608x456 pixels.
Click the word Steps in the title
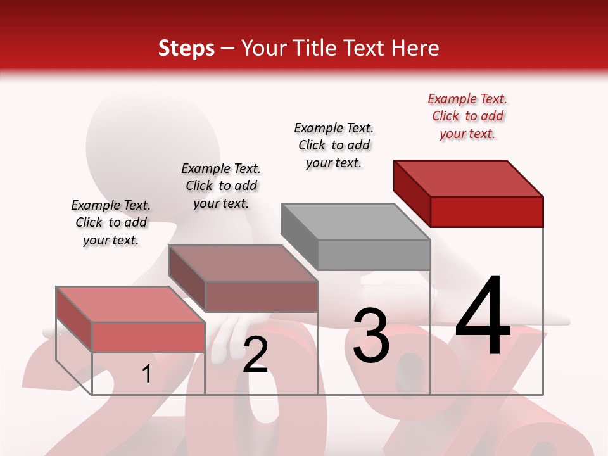(186, 48)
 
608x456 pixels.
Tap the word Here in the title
(415, 48)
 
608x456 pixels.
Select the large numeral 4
(483, 317)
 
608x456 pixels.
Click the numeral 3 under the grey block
(371, 336)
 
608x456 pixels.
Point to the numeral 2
(255, 355)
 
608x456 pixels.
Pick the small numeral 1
(146, 374)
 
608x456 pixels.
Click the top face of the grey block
(355, 222)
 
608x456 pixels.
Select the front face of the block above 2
(262, 296)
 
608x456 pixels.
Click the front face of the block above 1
(149, 337)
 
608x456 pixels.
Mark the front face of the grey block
(374, 255)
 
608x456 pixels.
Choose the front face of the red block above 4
(486, 212)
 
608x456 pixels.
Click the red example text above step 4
(467, 116)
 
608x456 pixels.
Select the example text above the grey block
(334, 145)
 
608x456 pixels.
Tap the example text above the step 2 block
(221, 186)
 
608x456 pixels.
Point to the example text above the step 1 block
(111, 222)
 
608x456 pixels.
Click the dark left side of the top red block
(412, 189)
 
